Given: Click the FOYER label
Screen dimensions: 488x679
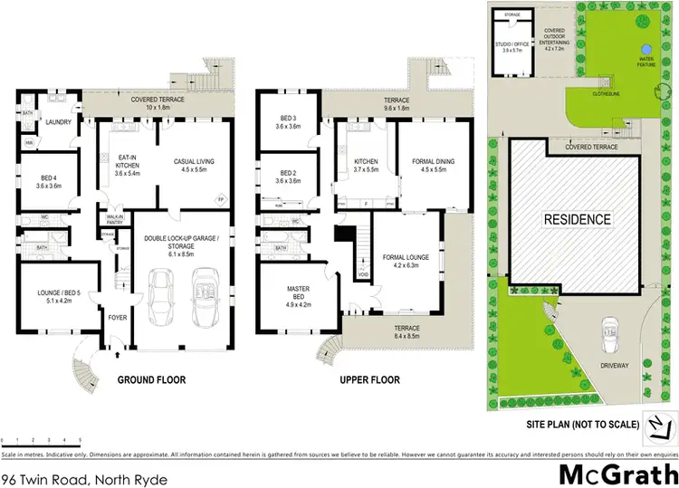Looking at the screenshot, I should click(x=119, y=318).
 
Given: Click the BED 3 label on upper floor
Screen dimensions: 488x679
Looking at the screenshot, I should click(x=287, y=121).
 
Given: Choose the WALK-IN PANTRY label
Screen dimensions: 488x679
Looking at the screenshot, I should click(x=115, y=217).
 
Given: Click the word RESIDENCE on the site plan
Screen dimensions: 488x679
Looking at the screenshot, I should click(x=577, y=219).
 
